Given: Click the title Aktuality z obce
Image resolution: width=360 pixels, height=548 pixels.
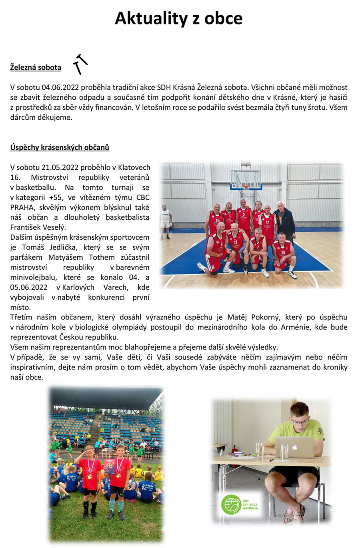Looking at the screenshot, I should (178, 18).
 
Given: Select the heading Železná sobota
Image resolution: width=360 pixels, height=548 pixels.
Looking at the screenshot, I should (36, 67).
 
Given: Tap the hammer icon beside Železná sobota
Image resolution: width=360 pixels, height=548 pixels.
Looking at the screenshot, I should (80, 64).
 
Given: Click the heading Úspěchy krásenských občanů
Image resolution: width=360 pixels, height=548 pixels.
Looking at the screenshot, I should (60, 147).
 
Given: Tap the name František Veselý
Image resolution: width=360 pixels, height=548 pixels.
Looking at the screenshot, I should (38, 227).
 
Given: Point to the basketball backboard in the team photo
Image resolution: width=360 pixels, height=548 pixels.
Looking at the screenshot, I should (246, 179).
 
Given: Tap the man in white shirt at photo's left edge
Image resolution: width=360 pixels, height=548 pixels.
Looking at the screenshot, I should (165, 220).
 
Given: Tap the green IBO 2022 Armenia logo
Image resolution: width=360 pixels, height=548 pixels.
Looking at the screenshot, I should (240, 504).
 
